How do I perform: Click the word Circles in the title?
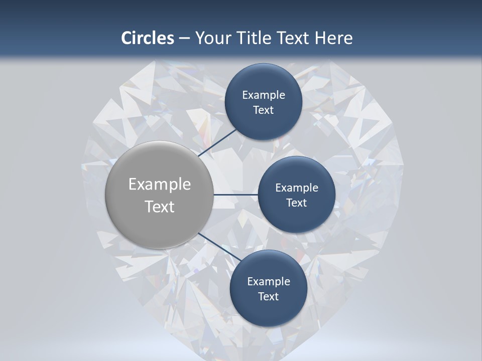148,38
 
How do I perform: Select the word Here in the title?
333,38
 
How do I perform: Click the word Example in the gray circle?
160,185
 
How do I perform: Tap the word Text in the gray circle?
160,207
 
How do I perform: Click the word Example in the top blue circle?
264,95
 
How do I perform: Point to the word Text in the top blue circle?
263,110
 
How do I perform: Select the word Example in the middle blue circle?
297,188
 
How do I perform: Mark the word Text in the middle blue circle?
296,203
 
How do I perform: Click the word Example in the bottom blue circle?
269,282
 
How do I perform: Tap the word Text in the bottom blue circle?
268,297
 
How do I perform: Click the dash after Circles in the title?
184,38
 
